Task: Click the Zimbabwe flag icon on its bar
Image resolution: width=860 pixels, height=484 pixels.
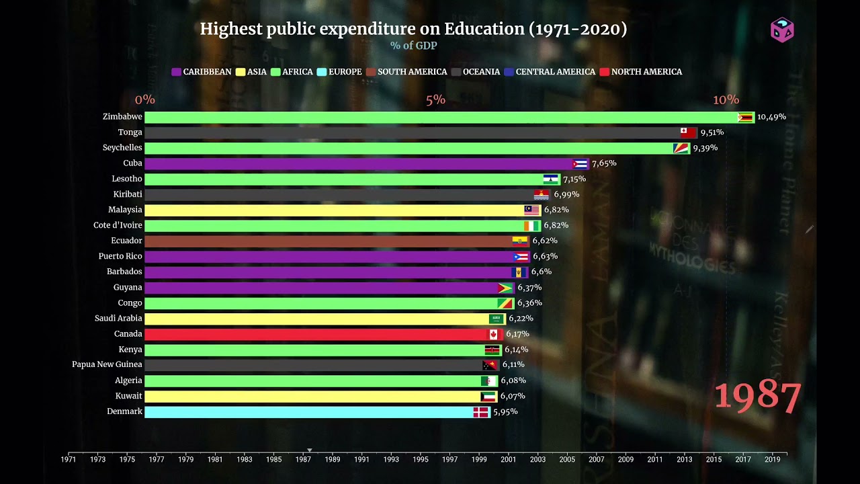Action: tap(745, 118)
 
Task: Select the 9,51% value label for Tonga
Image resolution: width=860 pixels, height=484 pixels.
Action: tap(712, 132)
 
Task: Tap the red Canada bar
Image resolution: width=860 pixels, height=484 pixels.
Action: tap(316, 334)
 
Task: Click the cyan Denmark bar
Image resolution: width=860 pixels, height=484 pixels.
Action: tap(309, 412)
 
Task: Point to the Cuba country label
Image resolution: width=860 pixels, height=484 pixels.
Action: tap(132, 163)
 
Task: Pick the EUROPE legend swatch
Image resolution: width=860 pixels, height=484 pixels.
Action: tap(321, 72)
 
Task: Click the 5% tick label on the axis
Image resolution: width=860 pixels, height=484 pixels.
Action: tap(435, 99)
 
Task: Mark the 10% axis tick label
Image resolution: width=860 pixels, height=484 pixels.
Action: tap(726, 99)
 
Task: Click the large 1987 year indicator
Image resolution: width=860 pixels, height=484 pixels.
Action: tap(757, 397)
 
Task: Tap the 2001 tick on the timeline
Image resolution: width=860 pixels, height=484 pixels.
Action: tap(509, 460)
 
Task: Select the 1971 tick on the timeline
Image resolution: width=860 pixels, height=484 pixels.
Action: tap(69, 460)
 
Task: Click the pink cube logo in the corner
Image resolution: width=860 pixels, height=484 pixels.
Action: tap(782, 30)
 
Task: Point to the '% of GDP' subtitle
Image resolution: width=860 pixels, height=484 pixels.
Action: tap(413, 46)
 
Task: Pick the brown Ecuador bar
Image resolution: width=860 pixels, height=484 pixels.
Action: tap(329, 241)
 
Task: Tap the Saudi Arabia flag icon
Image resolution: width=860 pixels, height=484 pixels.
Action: tap(496, 319)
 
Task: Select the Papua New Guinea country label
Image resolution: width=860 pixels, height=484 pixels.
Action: tap(107, 364)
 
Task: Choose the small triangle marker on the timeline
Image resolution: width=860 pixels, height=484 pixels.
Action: tap(310, 450)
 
